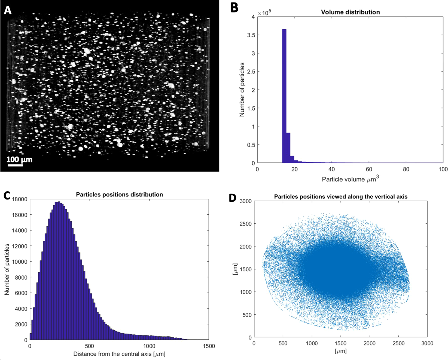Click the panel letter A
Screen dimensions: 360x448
[x=8, y=10]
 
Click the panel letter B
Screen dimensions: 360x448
[x=234, y=8]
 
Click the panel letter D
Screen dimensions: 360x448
[x=232, y=198]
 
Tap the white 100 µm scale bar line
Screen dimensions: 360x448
[x=15, y=165]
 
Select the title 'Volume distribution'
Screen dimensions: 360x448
[x=350, y=12]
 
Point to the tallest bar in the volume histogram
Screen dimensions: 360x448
[x=284, y=95]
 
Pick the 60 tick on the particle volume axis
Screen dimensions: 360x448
[x=369, y=169]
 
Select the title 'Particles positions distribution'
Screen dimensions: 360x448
[x=119, y=195]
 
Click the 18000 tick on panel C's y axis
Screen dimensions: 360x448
[x=20, y=199]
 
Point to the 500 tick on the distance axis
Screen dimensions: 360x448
[x=89, y=346]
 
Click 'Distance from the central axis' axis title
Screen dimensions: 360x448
[x=119, y=354]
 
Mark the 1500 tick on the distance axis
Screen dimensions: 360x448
[x=209, y=346]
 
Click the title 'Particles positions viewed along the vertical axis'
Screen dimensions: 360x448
[x=341, y=196]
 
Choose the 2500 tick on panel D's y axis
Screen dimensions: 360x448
[x=245, y=224]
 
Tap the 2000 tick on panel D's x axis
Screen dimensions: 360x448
[x=370, y=343]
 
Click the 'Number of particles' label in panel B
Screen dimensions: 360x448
[x=242, y=90]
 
